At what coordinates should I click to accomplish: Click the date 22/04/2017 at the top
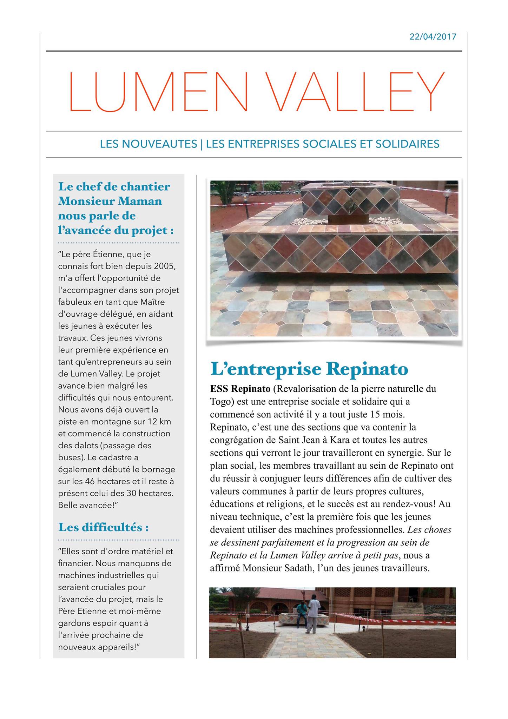433,37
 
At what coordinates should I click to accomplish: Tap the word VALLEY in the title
355,92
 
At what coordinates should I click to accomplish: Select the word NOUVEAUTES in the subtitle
148,144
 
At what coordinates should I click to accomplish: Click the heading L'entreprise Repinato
309,369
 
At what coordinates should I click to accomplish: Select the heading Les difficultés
103,527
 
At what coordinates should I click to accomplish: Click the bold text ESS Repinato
240,389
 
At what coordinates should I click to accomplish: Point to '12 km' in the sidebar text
160,421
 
